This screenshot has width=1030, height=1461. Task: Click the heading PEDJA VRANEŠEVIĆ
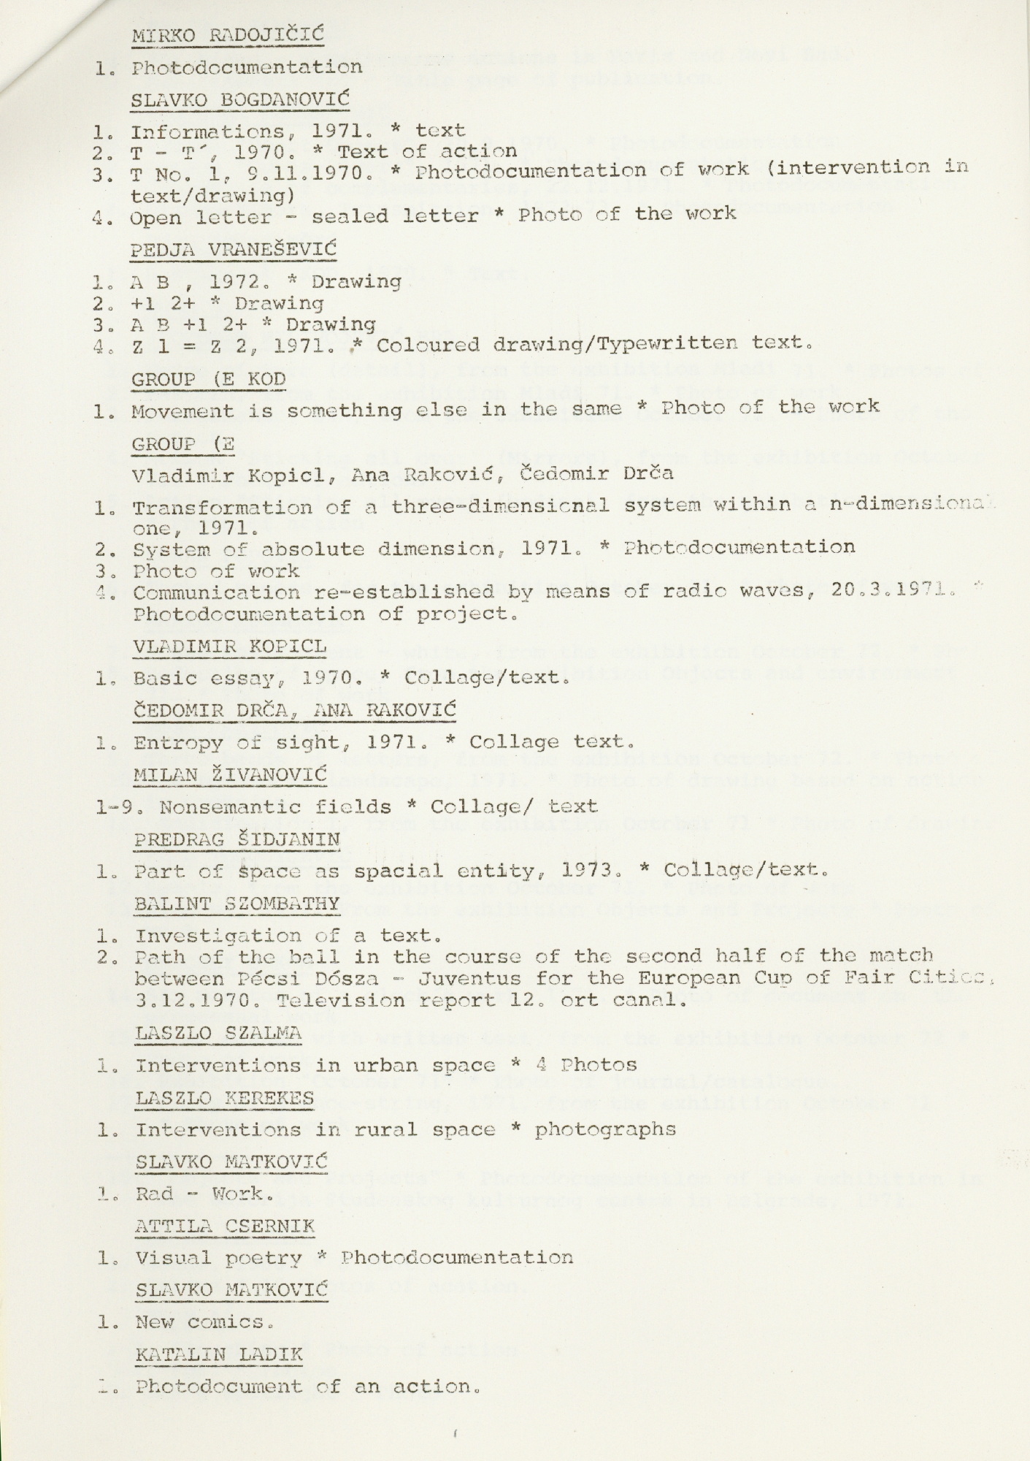click(x=233, y=249)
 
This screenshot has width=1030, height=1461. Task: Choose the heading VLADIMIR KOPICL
click(x=229, y=646)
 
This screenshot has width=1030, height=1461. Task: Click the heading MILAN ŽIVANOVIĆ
click(x=231, y=774)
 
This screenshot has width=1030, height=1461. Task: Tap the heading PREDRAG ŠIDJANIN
click(x=237, y=839)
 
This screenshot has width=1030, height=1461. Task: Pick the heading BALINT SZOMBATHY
click(x=237, y=904)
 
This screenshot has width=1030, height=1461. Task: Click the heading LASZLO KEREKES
click(x=225, y=1098)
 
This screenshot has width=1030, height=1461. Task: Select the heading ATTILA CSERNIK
click(x=225, y=1226)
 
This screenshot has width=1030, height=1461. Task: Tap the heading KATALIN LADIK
click(x=219, y=1354)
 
